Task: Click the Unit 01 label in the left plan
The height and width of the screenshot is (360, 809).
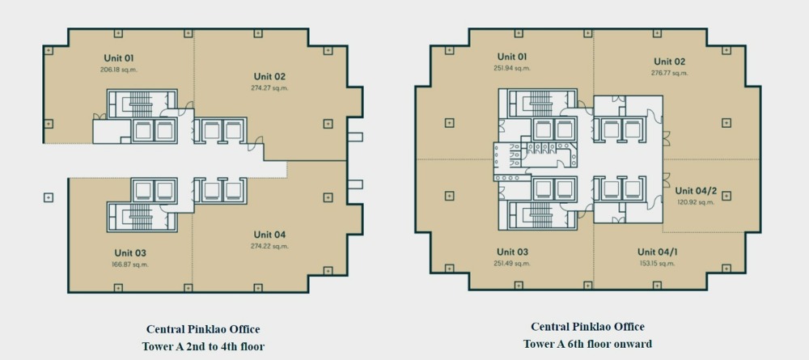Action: coord(118,57)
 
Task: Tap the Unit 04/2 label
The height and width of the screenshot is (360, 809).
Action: coord(696,191)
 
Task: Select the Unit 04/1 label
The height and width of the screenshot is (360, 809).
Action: coord(657,252)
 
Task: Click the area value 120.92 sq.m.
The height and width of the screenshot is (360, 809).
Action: coord(696,202)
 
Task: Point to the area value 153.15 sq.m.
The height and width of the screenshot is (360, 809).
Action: coord(657,263)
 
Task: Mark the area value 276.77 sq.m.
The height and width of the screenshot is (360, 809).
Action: coord(670,73)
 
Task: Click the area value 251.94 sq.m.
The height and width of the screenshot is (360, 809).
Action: coord(512,68)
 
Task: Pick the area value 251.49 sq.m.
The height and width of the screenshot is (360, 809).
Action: coord(512,263)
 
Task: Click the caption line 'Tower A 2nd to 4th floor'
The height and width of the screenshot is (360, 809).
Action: coord(204,345)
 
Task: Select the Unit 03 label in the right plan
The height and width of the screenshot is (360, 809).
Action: coord(512,252)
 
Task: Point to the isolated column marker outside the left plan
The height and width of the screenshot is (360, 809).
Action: coord(49,197)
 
